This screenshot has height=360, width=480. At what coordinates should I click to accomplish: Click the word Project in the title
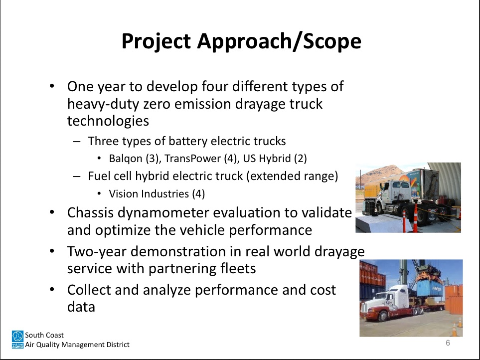(156, 41)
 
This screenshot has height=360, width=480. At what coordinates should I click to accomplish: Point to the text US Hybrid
(267, 159)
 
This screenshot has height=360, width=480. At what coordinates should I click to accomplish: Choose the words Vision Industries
(149, 194)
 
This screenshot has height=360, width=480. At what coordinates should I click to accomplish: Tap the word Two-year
(97, 252)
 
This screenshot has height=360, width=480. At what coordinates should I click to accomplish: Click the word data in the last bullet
(81, 307)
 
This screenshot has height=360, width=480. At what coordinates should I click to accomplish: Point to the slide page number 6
(448, 343)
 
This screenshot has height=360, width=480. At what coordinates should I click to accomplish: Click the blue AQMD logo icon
(17, 340)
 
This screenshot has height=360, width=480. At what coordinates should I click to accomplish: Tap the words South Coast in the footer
(44, 335)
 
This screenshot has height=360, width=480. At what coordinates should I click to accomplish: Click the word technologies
(108, 121)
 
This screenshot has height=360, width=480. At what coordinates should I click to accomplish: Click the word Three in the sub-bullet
(102, 141)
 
